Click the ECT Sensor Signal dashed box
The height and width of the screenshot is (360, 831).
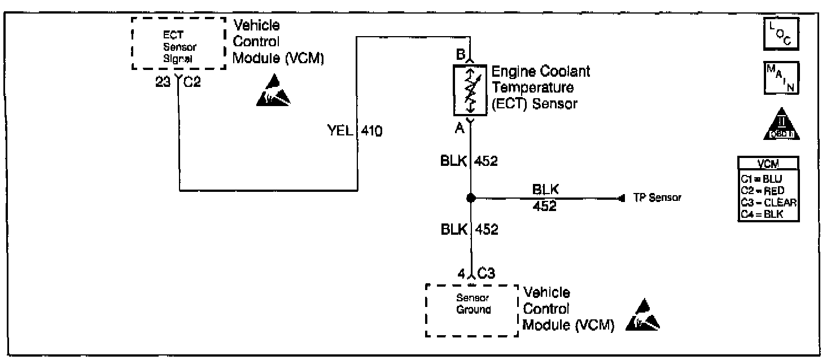click(x=179, y=43)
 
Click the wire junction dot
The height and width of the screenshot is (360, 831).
click(x=470, y=198)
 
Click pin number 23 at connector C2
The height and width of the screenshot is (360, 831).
click(x=164, y=81)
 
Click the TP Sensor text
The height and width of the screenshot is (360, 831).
click(x=657, y=198)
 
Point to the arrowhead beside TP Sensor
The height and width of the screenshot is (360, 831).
click(x=622, y=198)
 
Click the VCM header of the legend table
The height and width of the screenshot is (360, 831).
click(x=768, y=164)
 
